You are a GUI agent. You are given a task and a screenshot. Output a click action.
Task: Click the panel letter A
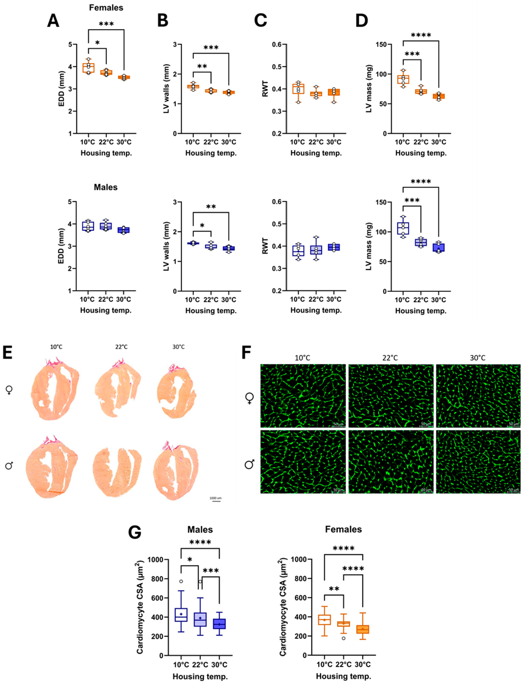click(53, 21)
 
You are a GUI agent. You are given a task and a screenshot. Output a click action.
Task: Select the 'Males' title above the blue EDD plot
click(106, 187)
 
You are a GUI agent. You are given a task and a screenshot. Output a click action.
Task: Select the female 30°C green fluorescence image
click(478, 396)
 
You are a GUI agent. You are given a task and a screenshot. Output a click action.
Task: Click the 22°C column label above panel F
click(390, 358)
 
